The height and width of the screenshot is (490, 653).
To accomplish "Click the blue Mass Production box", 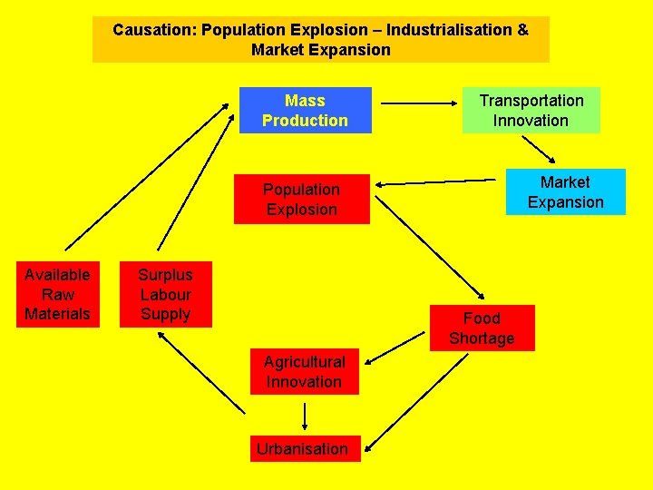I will tap(305, 110).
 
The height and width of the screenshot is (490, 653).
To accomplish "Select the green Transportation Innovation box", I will tap(531, 110).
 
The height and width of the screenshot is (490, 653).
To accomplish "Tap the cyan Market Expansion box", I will tap(565, 191).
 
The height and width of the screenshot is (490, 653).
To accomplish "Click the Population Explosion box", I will tap(301, 199).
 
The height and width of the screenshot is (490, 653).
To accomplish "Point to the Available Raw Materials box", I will tap(57, 294).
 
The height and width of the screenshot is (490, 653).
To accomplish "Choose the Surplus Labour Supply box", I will tap(165, 294).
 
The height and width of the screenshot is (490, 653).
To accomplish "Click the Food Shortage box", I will tap(482, 328).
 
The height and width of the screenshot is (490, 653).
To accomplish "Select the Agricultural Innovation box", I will tap(304, 372).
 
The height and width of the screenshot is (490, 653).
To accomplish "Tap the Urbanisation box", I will tap(304, 448).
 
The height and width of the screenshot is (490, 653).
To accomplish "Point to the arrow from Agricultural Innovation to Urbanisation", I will tap(304, 416).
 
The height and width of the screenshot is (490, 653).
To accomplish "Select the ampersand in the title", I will tap(522, 30).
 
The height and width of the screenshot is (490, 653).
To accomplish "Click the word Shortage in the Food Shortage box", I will tap(482, 338).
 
